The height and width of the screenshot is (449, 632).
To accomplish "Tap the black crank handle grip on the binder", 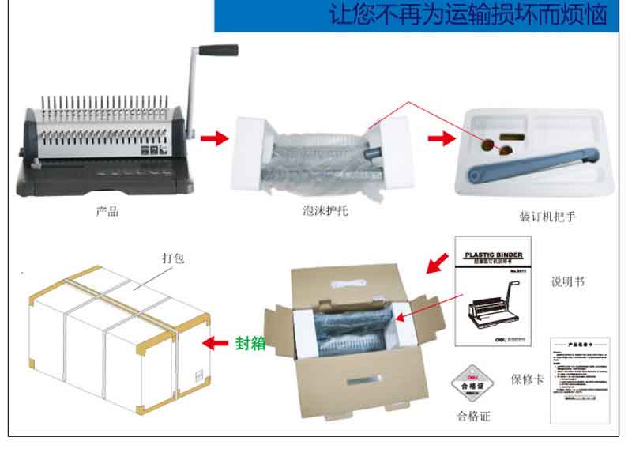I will (x=218, y=50).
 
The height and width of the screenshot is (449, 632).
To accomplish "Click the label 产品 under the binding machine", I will (x=107, y=212).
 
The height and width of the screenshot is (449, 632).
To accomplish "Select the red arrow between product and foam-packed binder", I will (x=213, y=139).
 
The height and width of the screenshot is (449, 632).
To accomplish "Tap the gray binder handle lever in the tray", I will (x=537, y=161).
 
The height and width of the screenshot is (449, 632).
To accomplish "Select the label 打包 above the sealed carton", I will (x=173, y=258).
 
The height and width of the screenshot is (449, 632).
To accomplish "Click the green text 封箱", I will (x=250, y=344).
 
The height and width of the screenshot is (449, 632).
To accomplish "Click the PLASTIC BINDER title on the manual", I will (x=493, y=255).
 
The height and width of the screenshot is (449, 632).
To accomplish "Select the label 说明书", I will (x=568, y=281).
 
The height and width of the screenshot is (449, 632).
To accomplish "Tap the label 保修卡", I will (x=528, y=379).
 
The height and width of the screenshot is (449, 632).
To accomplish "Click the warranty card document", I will (x=581, y=380).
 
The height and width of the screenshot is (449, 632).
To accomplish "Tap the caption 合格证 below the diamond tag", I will (x=474, y=417).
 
